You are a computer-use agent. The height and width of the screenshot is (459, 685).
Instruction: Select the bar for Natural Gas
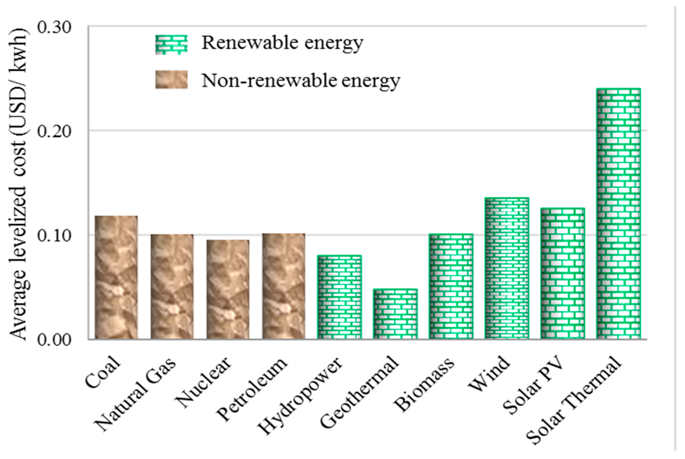point(172,287)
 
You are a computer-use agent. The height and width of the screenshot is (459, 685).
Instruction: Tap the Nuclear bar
point(228,289)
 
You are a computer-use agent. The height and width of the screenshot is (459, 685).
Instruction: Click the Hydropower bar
point(339,297)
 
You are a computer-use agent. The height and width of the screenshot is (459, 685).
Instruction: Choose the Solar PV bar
point(563,274)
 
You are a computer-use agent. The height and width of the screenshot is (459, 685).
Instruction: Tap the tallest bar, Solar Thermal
point(618,214)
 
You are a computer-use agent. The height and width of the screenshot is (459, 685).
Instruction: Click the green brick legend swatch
point(171,45)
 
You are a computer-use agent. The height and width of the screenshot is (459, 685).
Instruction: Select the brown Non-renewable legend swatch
point(171,80)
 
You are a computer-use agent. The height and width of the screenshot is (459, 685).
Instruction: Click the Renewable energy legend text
point(282,43)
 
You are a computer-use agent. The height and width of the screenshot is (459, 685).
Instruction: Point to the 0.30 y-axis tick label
point(55,28)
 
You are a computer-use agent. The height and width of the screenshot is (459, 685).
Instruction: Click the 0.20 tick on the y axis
point(55,132)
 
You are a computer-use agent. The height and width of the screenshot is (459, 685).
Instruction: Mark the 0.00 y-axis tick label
point(55,340)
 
